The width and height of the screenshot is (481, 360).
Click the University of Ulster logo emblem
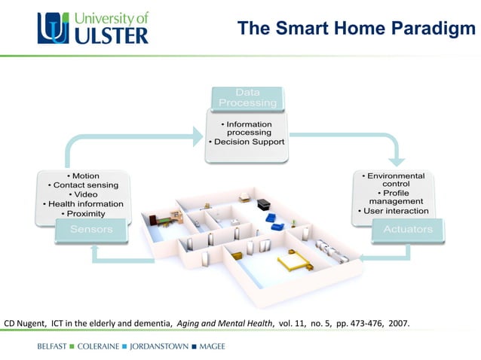click(x=55, y=28)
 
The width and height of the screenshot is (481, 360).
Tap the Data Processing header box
click(x=247, y=97)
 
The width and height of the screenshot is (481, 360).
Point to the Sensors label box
click(x=91, y=229)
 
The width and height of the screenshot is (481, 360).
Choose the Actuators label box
click(x=408, y=229)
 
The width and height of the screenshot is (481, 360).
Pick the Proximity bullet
click(x=84, y=214)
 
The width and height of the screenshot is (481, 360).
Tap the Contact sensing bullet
click(x=83, y=185)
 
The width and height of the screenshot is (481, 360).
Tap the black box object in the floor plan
click(x=263, y=204)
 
